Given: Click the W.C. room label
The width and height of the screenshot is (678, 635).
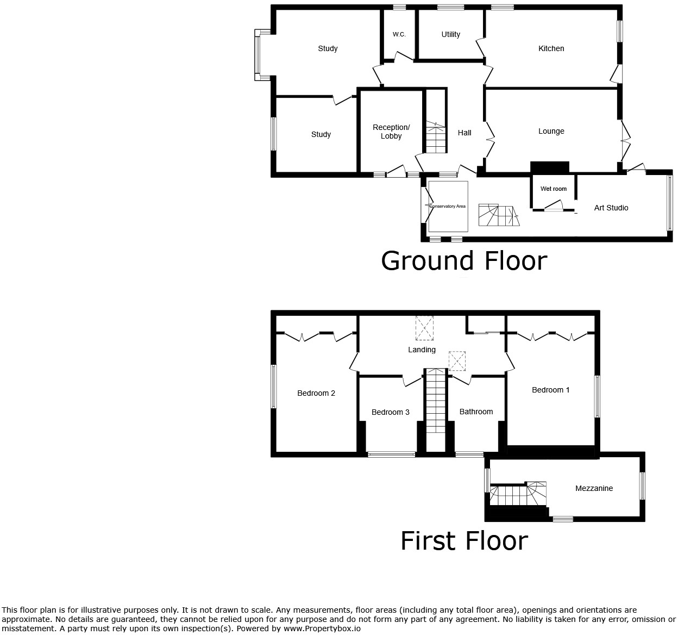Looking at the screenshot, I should (x=399, y=34).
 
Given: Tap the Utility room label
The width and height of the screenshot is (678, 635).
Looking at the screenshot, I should (x=450, y=34).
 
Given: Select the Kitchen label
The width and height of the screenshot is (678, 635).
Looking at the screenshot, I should (x=551, y=48).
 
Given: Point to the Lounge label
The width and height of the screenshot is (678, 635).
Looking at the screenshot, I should (x=551, y=131).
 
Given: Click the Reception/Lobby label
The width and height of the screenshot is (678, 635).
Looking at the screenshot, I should (x=391, y=132).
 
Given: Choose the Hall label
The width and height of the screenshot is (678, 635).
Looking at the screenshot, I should (x=464, y=133).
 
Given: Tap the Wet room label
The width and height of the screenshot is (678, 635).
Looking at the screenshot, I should (x=553, y=189).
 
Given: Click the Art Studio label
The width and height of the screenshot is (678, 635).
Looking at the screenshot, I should (x=611, y=208).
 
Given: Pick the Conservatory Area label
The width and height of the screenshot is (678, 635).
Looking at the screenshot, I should (x=448, y=207).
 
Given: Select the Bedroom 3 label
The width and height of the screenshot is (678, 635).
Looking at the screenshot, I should (x=390, y=412).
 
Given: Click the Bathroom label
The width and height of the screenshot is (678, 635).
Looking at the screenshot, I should (x=476, y=412).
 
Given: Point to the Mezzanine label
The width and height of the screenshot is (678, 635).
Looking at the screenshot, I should (x=594, y=488).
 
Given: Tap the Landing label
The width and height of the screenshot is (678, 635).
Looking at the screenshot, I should (x=422, y=350).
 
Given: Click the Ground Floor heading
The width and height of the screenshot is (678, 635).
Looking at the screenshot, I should (x=463, y=260).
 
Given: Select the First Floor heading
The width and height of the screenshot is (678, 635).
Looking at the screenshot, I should (x=464, y=540).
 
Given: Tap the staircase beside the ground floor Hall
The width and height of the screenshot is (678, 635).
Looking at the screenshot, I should (x=435, y=138).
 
